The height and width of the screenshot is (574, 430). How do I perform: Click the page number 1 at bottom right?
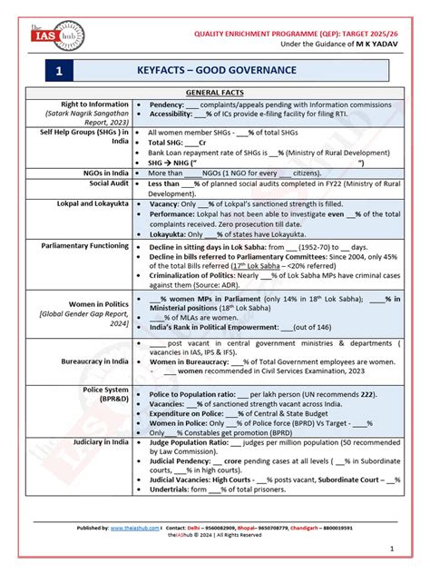tap(391, 549)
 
